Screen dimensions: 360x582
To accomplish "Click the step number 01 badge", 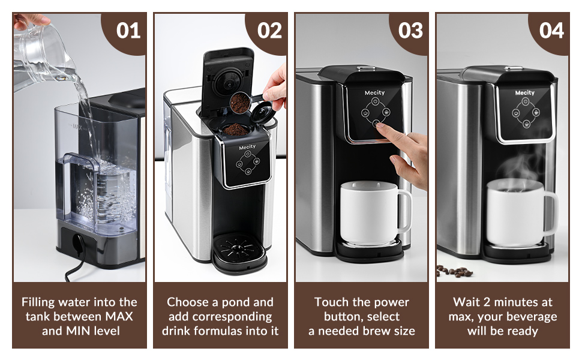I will click(x=128, y=31).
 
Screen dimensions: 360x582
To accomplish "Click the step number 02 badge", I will click(x=269, y=31).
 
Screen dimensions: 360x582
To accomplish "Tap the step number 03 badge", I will click(x=410, y=31).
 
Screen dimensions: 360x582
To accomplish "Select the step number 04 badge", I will click(x=551, y=31).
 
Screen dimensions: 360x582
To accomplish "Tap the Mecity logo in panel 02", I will click(x=247, y=146).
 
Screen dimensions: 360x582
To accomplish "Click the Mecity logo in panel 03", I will click(x=374, y=93).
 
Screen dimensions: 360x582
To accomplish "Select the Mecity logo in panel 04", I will click(x=524, y=93).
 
